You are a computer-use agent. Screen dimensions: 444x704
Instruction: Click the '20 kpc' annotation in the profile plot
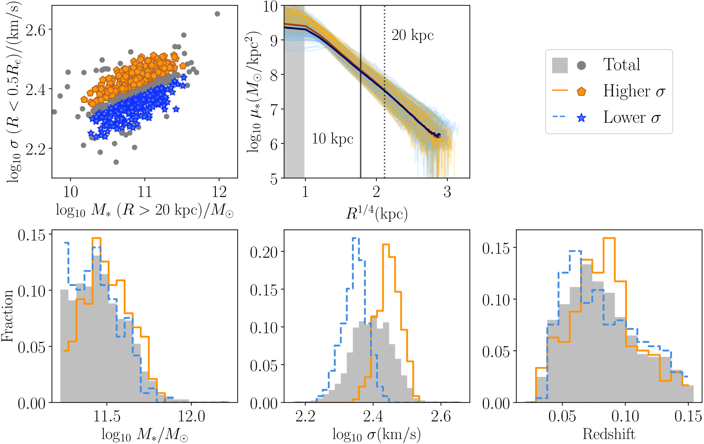[x=412, y=35]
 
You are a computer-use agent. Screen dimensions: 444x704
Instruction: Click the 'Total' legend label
[x=622, y=65]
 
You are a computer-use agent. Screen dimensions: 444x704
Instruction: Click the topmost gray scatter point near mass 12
[x=217, y=14]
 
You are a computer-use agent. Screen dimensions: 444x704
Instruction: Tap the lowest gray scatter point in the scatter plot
[x=116, y=162]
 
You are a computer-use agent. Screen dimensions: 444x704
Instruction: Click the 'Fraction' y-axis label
[x=7, y=316]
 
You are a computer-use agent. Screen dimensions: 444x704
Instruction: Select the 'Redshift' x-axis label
[x=609, y=434]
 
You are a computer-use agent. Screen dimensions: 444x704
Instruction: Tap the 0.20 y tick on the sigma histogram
[x=264, y=252]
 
